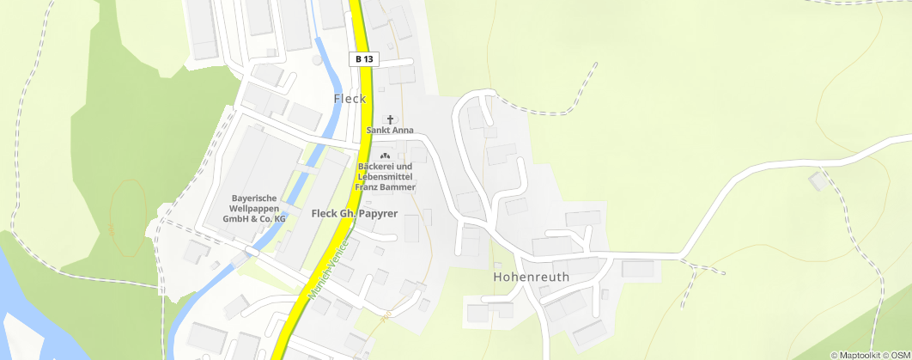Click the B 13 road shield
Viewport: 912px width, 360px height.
point(362,59)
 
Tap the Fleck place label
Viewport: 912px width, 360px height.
point(350,99)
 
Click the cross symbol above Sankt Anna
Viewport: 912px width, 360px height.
point(391,119)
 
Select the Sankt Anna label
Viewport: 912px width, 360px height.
point(391,131)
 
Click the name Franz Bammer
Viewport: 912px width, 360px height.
point(386,186)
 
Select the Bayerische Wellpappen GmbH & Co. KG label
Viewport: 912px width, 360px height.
point(253,208)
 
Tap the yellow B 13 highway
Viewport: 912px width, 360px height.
point(365,103)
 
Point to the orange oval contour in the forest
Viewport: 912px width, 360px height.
point(129,219)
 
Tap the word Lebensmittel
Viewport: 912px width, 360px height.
point(386,176)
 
